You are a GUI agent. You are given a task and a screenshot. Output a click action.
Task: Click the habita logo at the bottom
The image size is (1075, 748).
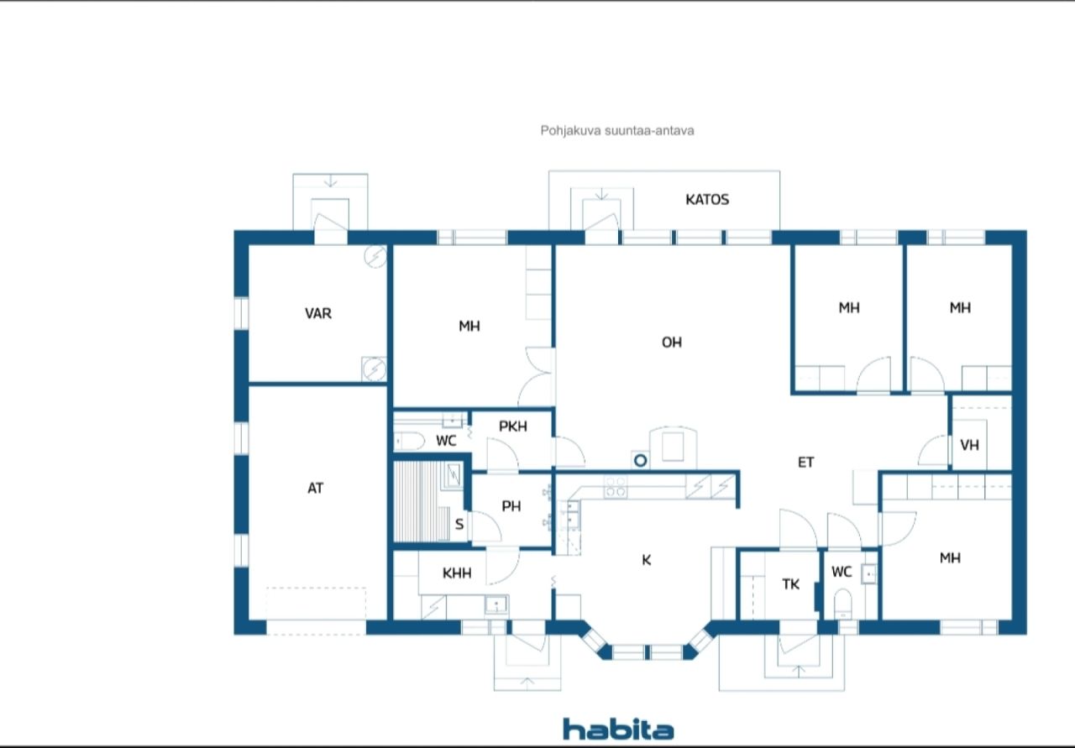point(618,729)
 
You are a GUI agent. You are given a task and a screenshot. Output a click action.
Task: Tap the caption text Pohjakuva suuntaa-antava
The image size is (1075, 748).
point(617,130)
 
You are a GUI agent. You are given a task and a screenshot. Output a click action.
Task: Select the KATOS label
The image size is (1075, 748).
point(707,200)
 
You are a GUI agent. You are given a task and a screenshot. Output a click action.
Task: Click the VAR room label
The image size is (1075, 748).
point(318,313)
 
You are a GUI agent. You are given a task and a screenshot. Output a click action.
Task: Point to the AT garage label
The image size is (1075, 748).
point(315,488)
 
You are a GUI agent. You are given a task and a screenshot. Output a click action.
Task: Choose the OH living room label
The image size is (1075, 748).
point(671,342)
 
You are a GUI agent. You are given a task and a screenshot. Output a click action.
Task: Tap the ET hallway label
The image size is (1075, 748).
point(805,462)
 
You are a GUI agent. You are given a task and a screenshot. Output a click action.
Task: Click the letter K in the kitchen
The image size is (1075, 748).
point(647,560)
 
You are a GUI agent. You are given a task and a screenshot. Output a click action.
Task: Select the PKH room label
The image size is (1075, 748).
point(513,426)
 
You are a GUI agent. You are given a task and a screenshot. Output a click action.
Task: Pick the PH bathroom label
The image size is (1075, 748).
point(511,506)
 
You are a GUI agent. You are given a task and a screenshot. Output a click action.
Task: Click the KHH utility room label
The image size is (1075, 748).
point(457,573)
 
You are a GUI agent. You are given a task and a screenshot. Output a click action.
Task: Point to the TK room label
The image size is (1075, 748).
point(791,584)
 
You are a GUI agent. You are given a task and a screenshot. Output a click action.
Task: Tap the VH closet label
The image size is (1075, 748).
point(969,445)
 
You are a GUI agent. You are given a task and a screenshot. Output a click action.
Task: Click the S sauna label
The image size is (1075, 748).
point(459,525)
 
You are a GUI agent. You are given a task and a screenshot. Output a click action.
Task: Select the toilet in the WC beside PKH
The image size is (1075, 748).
point(409,441)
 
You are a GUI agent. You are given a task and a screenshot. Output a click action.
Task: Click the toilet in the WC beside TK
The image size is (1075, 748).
point(842,604)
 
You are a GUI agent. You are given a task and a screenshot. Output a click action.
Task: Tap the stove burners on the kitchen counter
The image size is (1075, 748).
point(615,487)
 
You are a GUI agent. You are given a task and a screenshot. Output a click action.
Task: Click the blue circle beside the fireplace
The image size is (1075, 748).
point(640,461)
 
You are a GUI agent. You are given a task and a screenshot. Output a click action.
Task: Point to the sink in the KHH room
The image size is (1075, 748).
point(496,604)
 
